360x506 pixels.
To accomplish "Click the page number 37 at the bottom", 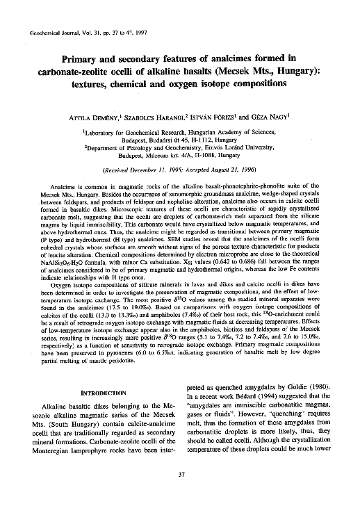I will pos(180,475).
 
